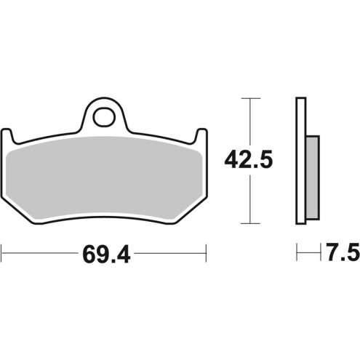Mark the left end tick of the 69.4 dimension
tap(2, 254)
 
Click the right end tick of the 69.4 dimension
tap(208, 254)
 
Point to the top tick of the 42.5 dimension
tap(250, 97)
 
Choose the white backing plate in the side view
tap(300, 160)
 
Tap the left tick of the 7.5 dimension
tap(297, 254)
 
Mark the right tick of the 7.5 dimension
tap(321, 254)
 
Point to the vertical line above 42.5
tap(250, 120)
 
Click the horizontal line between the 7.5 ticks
tap(308, 254)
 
